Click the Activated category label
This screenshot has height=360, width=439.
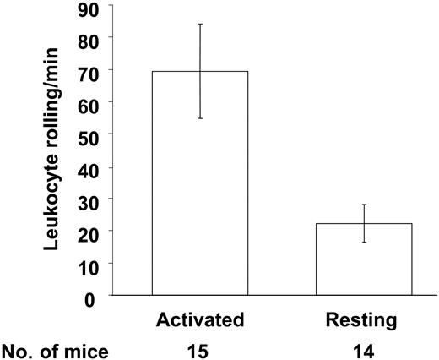[200, 320]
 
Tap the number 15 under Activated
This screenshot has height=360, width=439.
[200, 347]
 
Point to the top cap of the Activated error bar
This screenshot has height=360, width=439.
[200, 24]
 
